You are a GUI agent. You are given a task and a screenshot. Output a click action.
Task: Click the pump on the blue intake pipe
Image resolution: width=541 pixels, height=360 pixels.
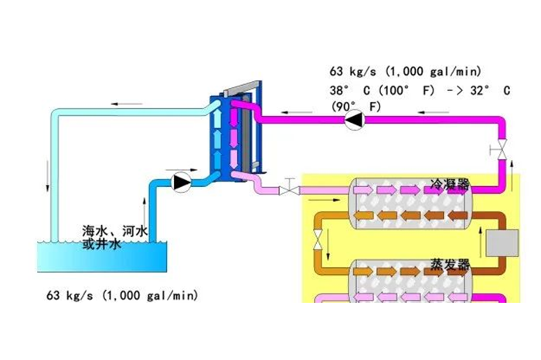(182, 182)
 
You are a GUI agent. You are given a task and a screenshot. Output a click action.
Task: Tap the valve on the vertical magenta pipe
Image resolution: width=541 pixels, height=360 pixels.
(503, 147)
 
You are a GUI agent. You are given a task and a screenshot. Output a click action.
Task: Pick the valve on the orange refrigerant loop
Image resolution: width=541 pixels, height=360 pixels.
(317, 243)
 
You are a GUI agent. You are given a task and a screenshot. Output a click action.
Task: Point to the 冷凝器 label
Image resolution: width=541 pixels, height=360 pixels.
(449, 186)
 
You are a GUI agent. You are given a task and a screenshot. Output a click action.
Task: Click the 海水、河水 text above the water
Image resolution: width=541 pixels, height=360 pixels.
(114, 231)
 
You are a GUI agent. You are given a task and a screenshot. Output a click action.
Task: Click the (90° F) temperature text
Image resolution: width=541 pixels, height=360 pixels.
(357, 106)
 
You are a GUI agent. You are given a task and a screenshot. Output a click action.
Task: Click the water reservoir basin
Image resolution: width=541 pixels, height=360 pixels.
(101, 256)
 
